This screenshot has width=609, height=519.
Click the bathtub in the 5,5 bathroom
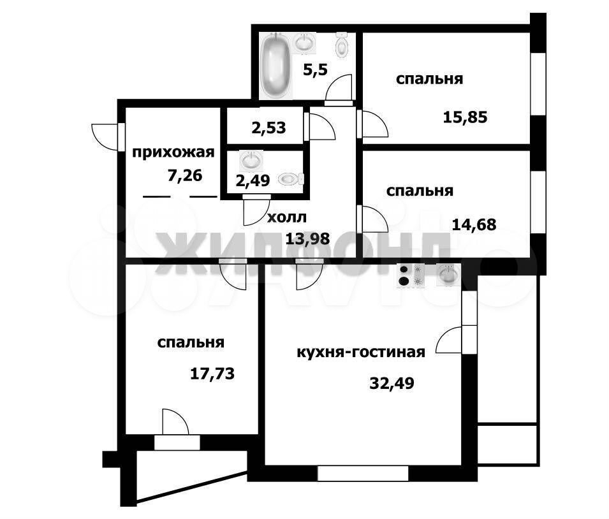pos(275,65)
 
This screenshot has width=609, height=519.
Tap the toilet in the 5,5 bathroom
pos(341,45)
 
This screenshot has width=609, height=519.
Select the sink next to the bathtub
pos(305,42)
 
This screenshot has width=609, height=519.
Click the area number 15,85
pos(465,117)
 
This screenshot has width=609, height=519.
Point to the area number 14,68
pos(474,224)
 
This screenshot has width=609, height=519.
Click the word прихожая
pos(173,152)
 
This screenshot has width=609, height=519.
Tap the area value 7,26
pos(185,175)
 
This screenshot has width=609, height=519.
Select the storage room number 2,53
pos(268,128)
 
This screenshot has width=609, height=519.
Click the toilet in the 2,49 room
pos(291,179)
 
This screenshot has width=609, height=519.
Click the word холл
pos(287,217)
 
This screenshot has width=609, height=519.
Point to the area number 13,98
pos(307,238)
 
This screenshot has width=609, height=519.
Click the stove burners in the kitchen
pos(411,275)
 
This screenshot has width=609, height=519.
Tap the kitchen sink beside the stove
pos(448,275)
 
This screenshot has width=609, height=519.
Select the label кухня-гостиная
pos(361,353)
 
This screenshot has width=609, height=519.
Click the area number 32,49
pos(392,383)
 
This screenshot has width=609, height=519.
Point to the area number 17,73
pos(212,374)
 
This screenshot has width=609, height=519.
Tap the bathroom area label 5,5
pos(316,70)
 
